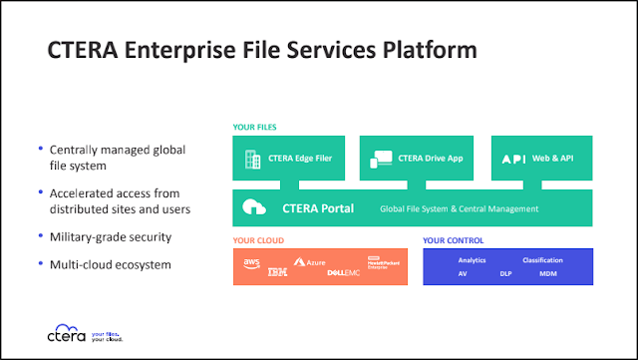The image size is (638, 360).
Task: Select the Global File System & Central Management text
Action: (460, 208)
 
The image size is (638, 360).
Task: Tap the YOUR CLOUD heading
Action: (258, 240)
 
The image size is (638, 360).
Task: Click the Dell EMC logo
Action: (343, 271)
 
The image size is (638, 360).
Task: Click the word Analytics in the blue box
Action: (474, 260)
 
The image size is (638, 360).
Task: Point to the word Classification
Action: (543, 260)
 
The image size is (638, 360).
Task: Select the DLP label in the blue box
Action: (505, 272)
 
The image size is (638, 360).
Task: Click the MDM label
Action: (548, 272)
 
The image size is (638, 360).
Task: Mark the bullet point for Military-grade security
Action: (39, 236)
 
